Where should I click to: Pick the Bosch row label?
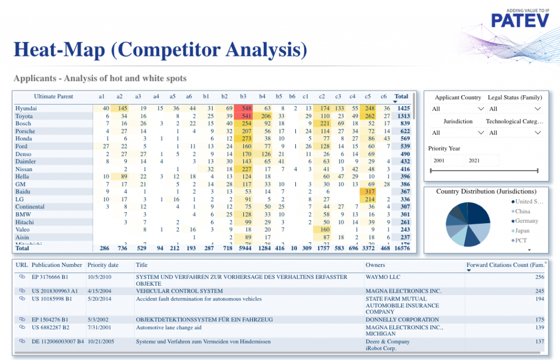(x=24, y=124)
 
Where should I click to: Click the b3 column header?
(x=243, y=97)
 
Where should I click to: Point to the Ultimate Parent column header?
(x=53, y=97)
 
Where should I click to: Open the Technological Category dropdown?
(x=514, y=132)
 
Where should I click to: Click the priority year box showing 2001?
(x=446, y=160)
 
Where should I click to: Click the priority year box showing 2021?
(x=482, y=160)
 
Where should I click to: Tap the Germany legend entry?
(x=525, y=221)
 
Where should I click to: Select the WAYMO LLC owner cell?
(x=383, y=277)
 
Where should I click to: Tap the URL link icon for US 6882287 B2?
(x=22, y=327)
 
